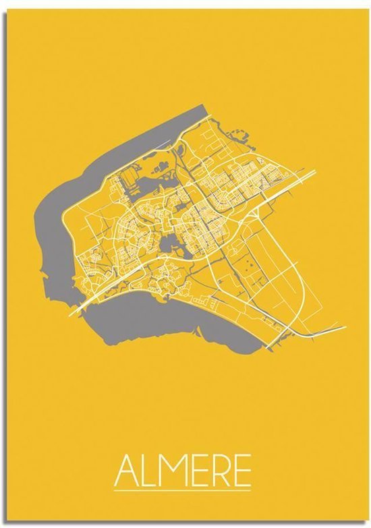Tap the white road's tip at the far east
point(345,327)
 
